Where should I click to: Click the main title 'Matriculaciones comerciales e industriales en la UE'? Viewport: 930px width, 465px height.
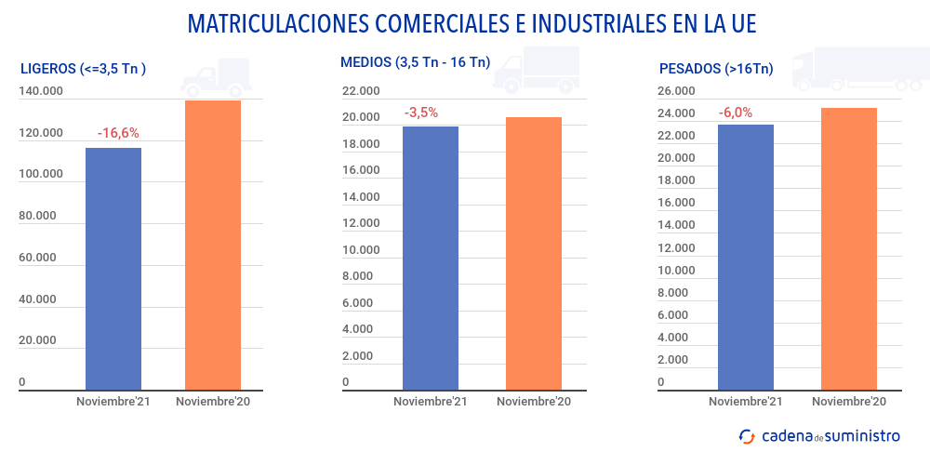[x=465, y=23]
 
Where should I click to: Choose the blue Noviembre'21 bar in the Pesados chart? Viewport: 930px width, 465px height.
[x=746, y=257]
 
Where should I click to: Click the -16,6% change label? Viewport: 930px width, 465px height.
[x=118, y=133]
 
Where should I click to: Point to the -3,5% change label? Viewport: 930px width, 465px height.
[x=420, y=113]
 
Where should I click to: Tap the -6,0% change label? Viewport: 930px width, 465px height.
[x=735, y=113]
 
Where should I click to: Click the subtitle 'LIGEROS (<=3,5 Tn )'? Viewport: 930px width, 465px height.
[x=84, y=68]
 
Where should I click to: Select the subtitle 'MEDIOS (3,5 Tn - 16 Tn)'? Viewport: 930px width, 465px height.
[x=415, y=62]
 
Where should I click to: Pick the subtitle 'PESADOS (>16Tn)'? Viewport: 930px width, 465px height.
[x=715, y=68]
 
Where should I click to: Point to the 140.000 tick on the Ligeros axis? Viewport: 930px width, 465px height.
[x=41, y=91]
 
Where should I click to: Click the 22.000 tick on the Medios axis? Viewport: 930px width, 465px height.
[x=361, y=91]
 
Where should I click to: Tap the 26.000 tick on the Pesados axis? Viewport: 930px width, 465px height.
[x=676, y=91]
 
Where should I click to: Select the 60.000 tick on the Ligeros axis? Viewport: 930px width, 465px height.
[x=38, y=258]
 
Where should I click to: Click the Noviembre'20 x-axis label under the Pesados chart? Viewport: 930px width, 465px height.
[x=849, y=402]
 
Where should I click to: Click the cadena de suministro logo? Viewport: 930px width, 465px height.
[x=819, y=435]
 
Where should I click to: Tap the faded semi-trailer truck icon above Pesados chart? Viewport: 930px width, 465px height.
[x=846, y=70]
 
